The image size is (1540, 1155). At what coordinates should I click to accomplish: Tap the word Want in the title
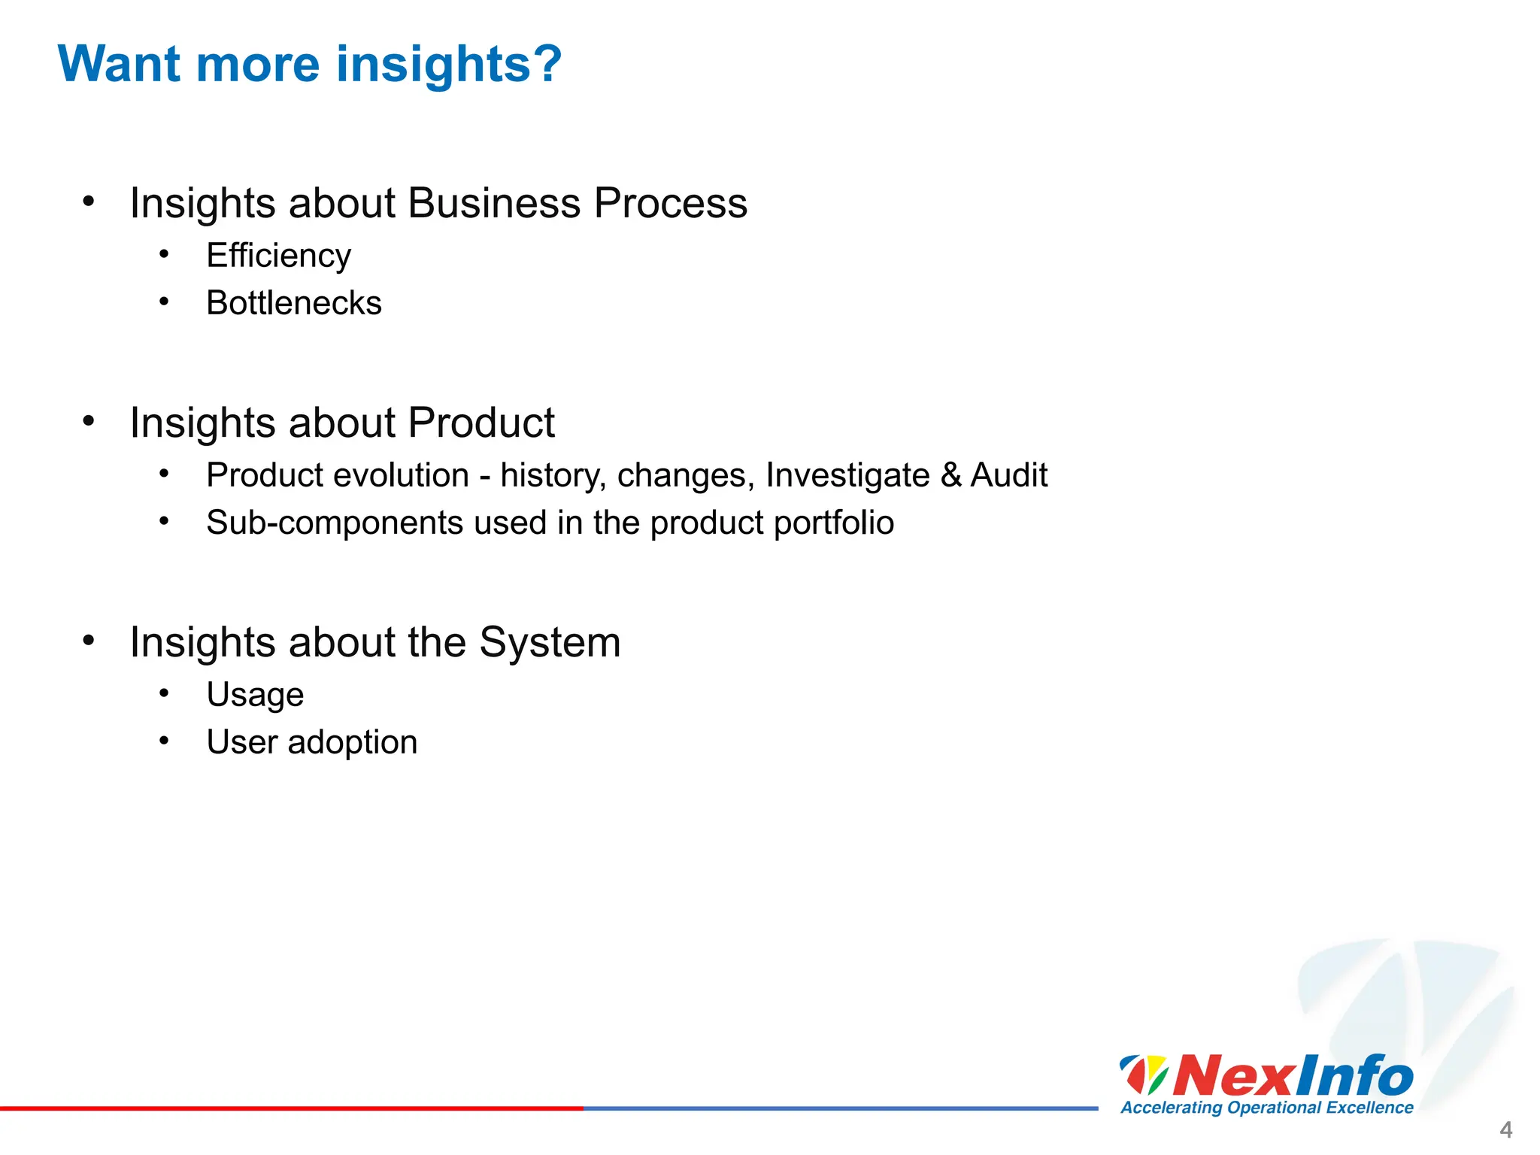[119, 64]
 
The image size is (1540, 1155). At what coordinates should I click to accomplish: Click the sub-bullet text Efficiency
[278, 256]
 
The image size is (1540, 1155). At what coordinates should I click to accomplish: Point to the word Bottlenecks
[294, 303]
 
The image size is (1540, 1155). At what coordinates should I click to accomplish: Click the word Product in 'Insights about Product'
[481, 423]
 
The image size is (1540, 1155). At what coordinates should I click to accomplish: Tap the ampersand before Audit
[950, 475]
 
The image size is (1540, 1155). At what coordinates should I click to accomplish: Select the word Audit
[1008, 475]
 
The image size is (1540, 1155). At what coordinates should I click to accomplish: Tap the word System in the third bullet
[550, 642]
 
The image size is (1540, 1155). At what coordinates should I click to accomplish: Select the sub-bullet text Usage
[255, 696]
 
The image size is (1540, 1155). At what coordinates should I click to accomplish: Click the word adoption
[352, 743]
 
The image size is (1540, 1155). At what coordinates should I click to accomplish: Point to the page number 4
[1505, 1129]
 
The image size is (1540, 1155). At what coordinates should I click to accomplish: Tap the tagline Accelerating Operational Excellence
[1266, 1108]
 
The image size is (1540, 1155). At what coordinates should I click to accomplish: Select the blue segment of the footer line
[840, 1108]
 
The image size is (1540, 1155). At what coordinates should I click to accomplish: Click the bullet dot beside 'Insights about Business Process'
[89, 202]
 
